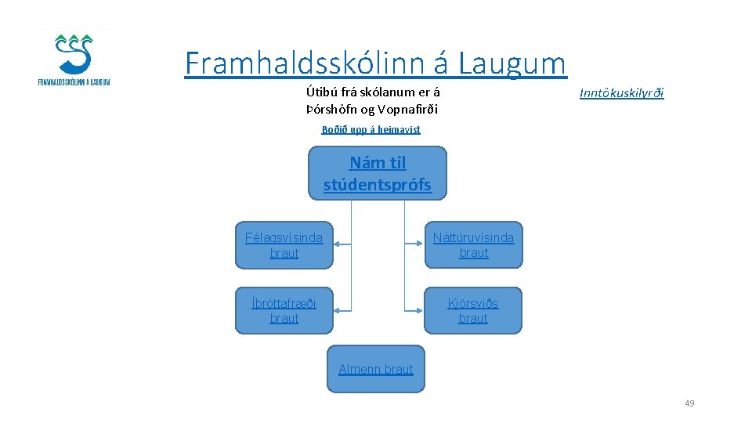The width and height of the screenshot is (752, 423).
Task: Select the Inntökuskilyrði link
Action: tap(621, 93)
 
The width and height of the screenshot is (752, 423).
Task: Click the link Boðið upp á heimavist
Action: tap(371, 129)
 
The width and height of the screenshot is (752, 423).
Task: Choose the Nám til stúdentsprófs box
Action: tap(378, 174)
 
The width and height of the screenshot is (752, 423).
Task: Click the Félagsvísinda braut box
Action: tap(284, 245)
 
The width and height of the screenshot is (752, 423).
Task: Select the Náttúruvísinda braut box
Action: tap(473, 245)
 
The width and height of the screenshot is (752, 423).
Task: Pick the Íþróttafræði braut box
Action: tap(284, 310)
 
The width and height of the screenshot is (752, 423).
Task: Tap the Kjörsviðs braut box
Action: tap(473, 310)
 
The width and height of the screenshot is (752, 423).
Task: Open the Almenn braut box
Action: tap(375, 369)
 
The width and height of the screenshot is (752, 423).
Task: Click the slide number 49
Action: tap(689, 403)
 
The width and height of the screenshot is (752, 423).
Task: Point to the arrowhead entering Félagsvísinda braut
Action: tap(337, 244)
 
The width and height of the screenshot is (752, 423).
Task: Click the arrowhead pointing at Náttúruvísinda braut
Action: tap(420, 244)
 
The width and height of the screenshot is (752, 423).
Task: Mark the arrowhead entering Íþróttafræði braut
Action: tap(337, 310)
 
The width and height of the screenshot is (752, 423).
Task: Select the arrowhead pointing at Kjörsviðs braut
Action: tap(420, 310)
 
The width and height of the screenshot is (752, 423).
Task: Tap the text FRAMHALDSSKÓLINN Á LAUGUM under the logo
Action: tap(74, 81)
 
